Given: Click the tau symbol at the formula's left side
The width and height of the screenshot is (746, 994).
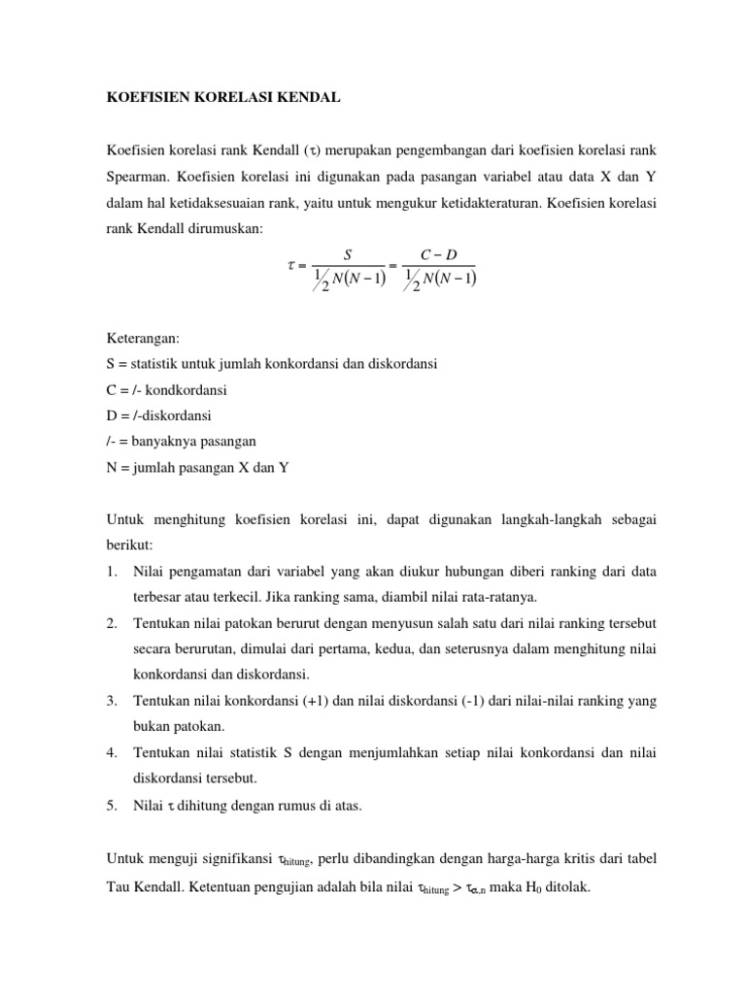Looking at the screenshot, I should click(290, 266).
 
